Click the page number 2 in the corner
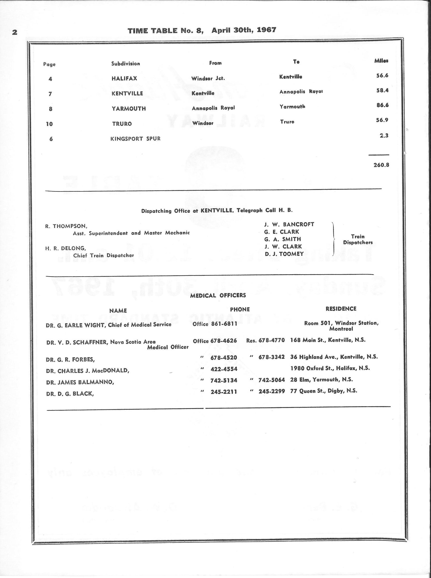[x=15, y=33]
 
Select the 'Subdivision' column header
[x=125, y=64]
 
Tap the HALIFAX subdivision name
[x=124, y=79]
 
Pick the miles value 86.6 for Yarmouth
[x=382, y=105]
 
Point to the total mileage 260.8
[x=381, y=165]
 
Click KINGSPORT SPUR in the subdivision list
[x=135, y=139]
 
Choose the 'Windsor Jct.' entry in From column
[x=208, y=79]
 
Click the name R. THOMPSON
[x=66, y=226]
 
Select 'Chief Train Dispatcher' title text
[x=103, y=255]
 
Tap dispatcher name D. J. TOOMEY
[x=284, y=254]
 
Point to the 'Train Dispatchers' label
[x=358, y=240]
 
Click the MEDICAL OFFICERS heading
[x=218, y=296]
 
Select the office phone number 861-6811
[x=224, y=324]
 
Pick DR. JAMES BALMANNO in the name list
[x=80, y=382]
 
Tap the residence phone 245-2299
[x=272, y=391]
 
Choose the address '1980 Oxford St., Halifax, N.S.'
[x=330, y=368]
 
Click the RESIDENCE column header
[x=341, y=309]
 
